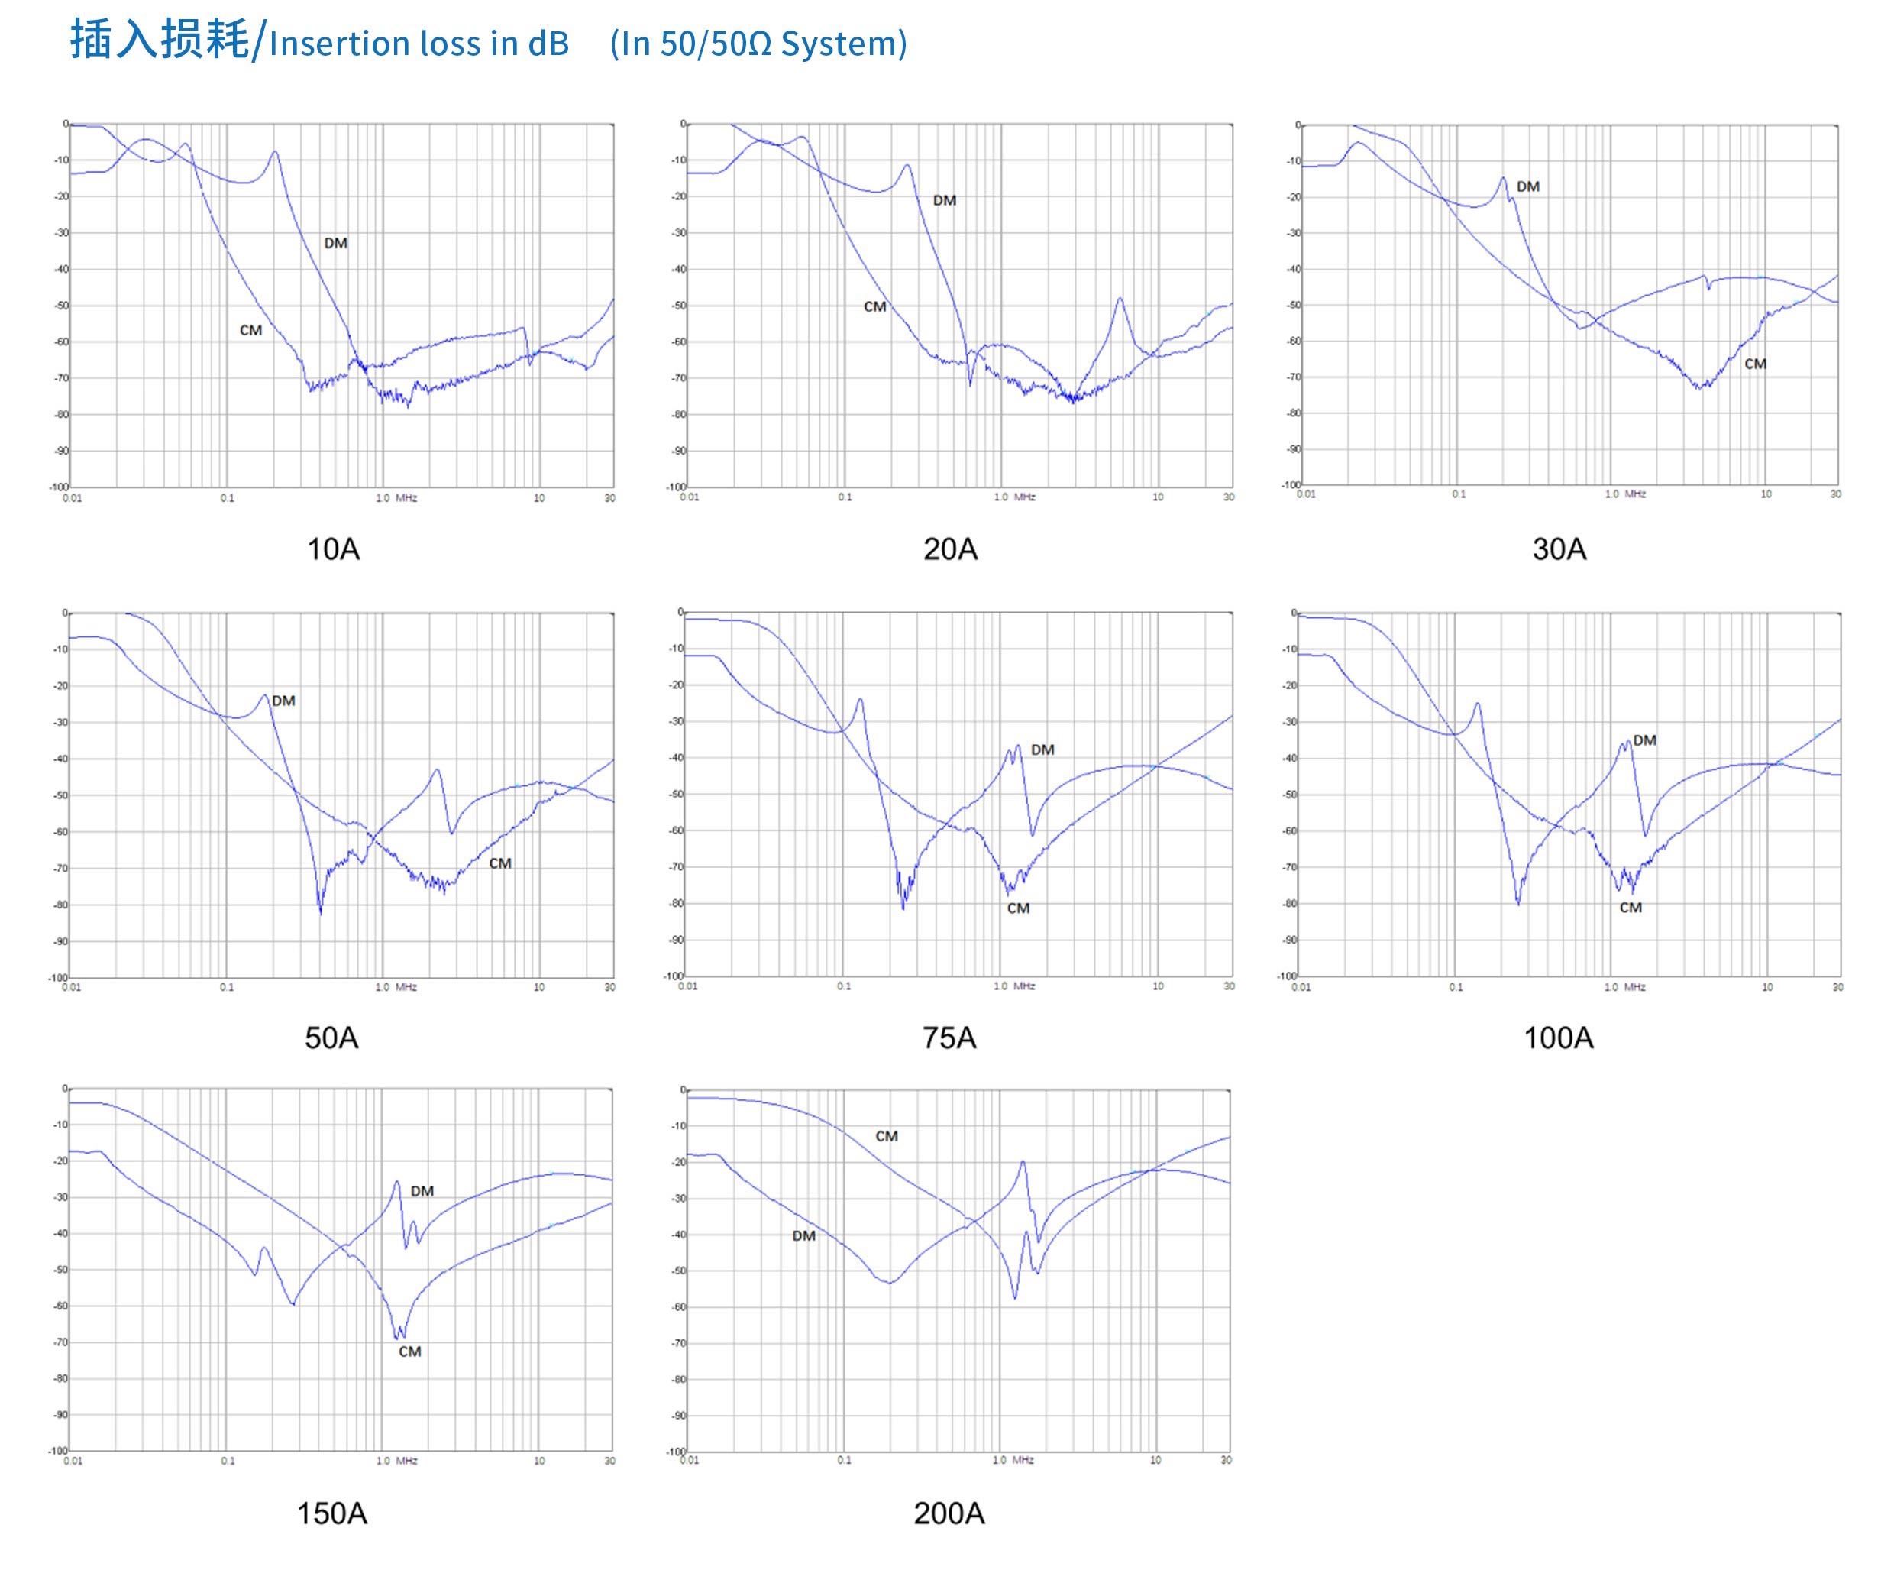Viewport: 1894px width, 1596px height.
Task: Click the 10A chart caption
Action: point(333,549)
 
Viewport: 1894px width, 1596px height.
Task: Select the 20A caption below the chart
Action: point(950,549)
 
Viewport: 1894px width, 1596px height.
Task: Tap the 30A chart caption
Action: point(1559,549)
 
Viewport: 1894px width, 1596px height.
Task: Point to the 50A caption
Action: point(331,1038)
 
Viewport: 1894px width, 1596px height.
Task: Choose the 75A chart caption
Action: point(949,1038)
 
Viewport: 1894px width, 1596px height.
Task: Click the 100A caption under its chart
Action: point(1559,1038)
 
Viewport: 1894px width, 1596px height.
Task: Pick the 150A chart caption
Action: point(332,1513)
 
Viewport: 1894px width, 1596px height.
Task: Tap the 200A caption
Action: point(949,1513)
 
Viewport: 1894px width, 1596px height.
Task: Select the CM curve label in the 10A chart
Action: point(250,331)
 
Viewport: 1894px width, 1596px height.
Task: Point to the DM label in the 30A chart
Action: point(1527,187)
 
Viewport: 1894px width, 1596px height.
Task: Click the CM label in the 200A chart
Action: point(887,1136)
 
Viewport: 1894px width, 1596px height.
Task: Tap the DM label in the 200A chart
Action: point(803,1236)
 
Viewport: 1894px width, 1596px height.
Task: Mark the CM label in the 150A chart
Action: point(410,1352)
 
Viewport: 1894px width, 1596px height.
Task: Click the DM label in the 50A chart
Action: point(283,701)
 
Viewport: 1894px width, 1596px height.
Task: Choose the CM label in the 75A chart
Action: point(1019,908)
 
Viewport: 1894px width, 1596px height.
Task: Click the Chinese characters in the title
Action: point(159,41)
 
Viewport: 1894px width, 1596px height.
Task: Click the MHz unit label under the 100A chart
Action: point(1634,987)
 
